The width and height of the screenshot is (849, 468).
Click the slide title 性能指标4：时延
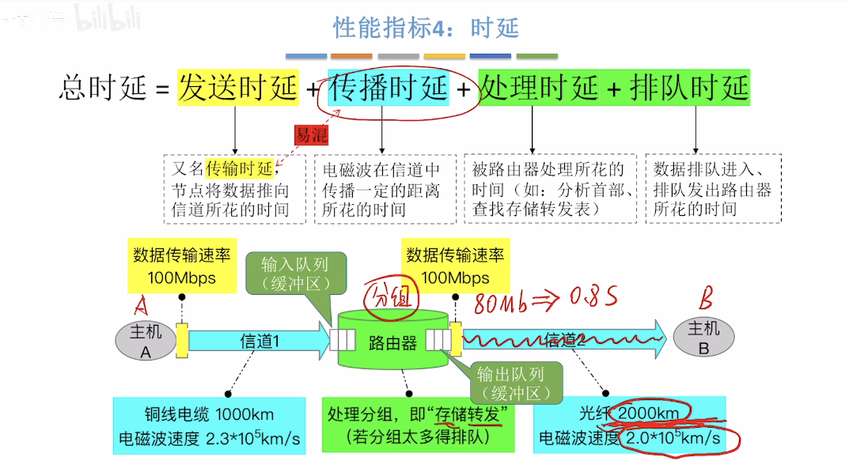tap(426, 28)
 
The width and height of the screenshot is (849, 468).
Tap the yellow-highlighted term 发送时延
tap(237, 88)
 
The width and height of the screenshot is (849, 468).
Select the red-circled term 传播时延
tap(388, 88)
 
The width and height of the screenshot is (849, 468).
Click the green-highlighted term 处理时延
tap(539, 88)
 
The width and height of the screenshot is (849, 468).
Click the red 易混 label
tap(311, 135)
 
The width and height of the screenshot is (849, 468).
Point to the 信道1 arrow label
tap(260, 341)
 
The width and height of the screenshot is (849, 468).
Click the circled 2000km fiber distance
tap(647, 413)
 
